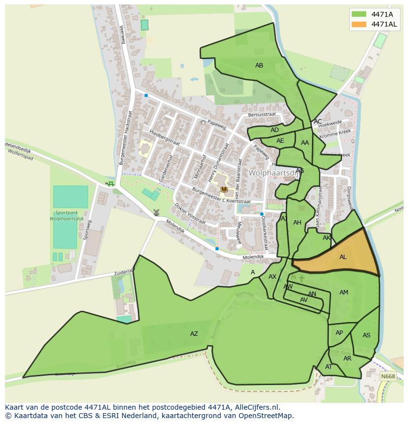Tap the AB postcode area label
coord(259,65)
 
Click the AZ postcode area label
coord(194,334)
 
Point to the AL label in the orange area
coord(343,257)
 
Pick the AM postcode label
coord(344,293)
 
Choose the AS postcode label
coord(366,335)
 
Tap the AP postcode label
coord(339,333)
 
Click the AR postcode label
coord(347,359)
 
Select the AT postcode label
coord(329,367)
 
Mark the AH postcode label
coord(297,223)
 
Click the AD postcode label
coord(274,130)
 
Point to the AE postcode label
coord(280,141)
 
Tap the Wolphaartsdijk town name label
coord(274,173)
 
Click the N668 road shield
coord(388,376)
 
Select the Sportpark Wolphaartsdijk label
coord(70,216)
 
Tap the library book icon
coord(224,189)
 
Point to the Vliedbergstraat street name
coord(165,137)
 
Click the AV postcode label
coord(304,300)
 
